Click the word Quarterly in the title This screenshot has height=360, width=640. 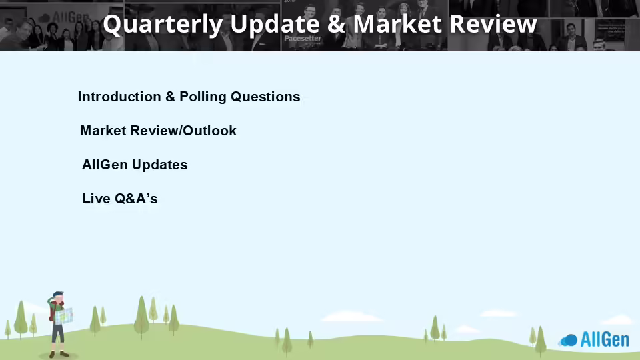pyautogui.click(x=163, y=25)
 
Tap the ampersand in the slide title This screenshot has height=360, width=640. pyautogui.click(x=336, y=24)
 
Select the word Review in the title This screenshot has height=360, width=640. pyautogui.click(x=493, y=24)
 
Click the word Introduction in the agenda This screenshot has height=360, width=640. pyautogui.click(x=119, y=97)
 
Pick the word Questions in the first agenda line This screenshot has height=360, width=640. pyautogui.click(x=265, y=97)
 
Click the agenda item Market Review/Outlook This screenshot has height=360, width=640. pyautogui.click(x=158, y=131)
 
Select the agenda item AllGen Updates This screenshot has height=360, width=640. pyautogui.click(x=135, y=165)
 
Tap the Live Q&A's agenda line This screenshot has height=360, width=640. pyautogui.click(x=119, y=199)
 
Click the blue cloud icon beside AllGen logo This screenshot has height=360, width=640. pyautogui.click(x=569, y=340)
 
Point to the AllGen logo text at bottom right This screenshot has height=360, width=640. pyautogui.click(x=605, y=339)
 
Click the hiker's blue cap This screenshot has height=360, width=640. pyautogui.click(x=58, y=294)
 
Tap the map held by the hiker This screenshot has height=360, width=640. pyautogui.click(x=64, y=316)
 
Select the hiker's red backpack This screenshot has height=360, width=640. pyautogui.click(x=51, y=312)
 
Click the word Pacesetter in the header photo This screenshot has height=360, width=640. pyautogui.click(x=303, y=39)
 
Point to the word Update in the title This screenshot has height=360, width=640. pyautogui.click(x=275, y=25)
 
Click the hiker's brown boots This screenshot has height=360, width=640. pyautogui.click(x=59, y=354)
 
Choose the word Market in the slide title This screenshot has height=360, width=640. pyautogui.click(x=397, y=24)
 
